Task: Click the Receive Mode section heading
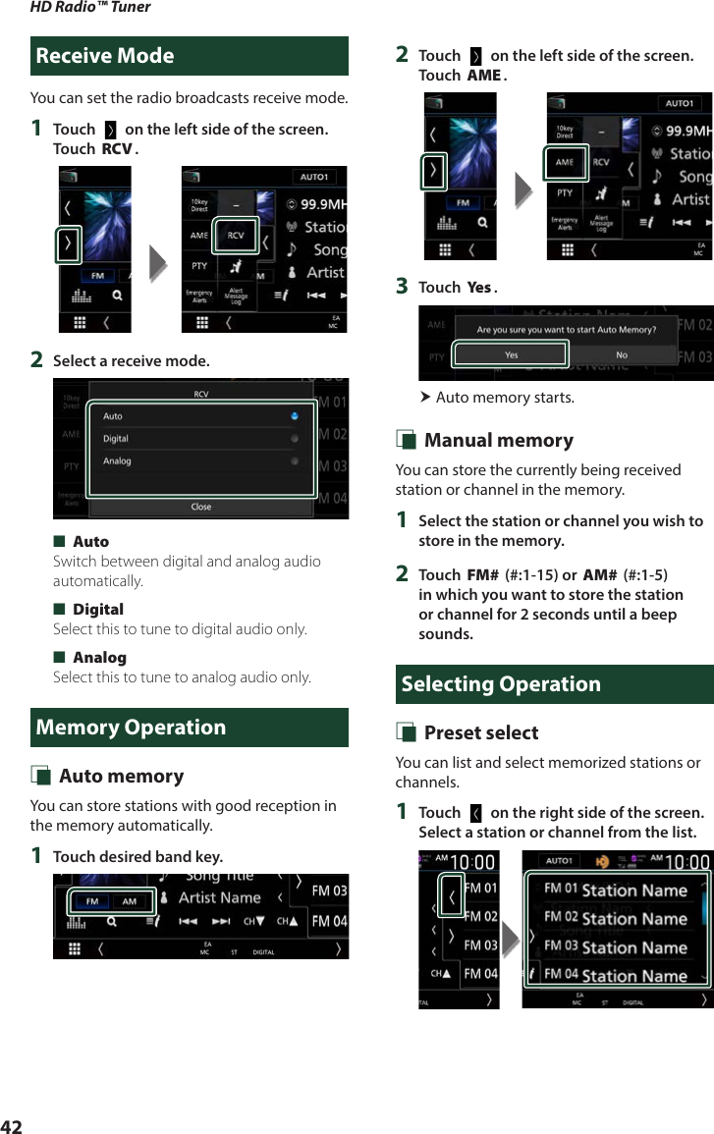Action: pos(105,56)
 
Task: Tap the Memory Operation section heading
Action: pos(131,728)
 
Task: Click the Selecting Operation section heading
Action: pos(501,684)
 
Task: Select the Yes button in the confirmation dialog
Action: pos(511,354)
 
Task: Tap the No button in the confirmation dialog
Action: pos(621,354)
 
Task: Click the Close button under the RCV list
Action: pos(201,507)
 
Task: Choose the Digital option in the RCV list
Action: pos(116,439)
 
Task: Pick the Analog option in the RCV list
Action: pos(117,460)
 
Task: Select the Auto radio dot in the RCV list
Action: pos(295,416)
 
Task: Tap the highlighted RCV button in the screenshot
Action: pos(236,236)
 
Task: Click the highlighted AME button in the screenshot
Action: pos(565,162)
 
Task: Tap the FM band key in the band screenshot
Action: pos(91,901)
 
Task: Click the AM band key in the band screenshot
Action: pos(130,901)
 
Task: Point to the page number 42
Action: pos(11,1126)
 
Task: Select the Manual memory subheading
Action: pos(498,441)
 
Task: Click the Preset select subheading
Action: pos(480,733)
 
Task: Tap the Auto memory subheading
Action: pos(121,777)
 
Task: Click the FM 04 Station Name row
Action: pos(616,976)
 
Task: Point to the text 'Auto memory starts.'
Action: pos(505,398)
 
